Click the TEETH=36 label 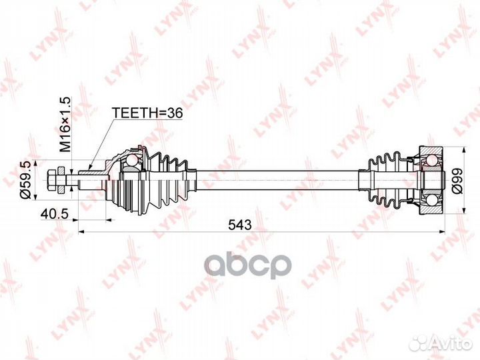coord(147,114)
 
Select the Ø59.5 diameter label coord(25,179)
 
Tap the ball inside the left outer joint coord(132,161)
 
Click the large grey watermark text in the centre coord(247,265)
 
